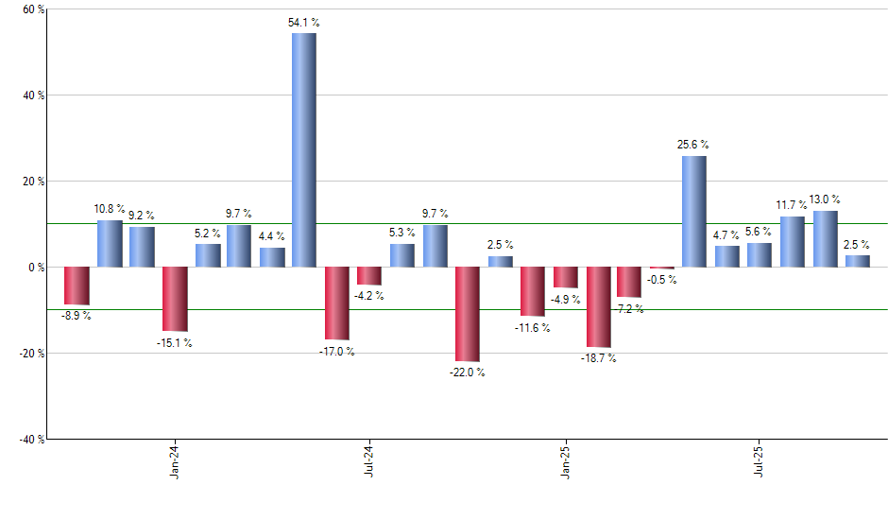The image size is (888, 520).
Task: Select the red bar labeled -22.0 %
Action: tap(468, 314)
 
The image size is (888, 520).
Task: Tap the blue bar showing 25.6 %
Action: tap(693, 211)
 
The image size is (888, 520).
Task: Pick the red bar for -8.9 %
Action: tap(77, 286)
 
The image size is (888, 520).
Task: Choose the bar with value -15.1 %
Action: tap(175, 299)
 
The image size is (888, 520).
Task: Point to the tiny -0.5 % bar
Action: tap(661, 269)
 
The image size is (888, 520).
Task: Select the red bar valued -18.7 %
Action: tap(598, 307)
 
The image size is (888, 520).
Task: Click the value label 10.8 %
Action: tap(110, 208)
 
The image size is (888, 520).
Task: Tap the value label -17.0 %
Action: tap(336, 352)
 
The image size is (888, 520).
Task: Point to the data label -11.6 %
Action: tap(533, 328)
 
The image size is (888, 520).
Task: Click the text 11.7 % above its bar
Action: tap(792, 204)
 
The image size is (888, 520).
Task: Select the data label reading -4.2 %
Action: tap(368, 296)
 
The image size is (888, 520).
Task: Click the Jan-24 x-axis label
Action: tap(175, 462)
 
